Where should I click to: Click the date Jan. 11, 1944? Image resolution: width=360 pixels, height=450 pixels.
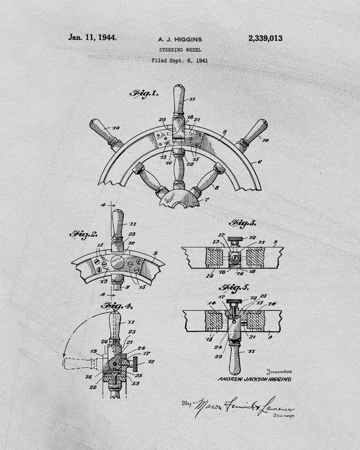92,38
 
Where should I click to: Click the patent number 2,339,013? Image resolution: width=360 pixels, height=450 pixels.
265,39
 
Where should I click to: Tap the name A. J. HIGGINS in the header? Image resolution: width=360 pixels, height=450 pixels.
180,40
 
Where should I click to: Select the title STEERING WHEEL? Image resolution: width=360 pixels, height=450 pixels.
180,50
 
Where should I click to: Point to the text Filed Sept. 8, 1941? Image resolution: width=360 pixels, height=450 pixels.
180,60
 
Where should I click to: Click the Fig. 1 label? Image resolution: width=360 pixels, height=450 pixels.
144,94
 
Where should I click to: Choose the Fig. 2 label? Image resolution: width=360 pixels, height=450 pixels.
83,234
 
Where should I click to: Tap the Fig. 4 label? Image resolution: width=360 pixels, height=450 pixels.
117,306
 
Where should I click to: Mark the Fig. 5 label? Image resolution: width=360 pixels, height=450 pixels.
234,287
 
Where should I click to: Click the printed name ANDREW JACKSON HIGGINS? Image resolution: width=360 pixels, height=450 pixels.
254,379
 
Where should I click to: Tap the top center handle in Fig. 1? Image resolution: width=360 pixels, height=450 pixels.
179,101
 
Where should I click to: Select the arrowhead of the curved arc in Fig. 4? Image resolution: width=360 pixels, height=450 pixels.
66,354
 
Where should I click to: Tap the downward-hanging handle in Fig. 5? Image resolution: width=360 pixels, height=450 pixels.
235,356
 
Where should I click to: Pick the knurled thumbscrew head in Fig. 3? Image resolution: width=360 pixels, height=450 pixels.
236,239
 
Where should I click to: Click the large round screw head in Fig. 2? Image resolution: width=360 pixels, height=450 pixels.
117,263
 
